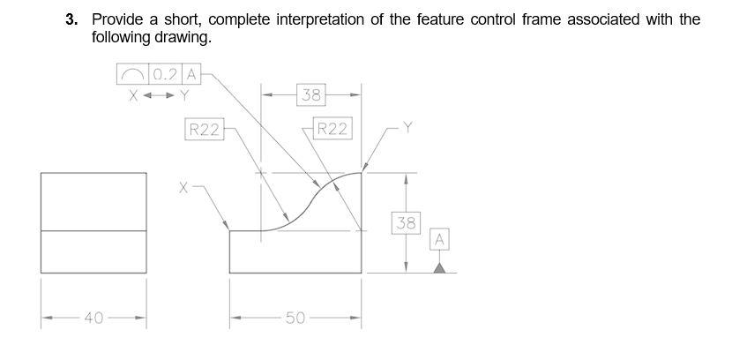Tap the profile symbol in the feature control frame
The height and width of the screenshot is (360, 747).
pos(131,73)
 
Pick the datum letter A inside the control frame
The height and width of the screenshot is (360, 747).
pos(190,73)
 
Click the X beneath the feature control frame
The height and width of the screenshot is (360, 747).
pos(133,92)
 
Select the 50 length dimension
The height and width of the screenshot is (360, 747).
pos(295,318)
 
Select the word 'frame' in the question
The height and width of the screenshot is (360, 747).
pos(636,19)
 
